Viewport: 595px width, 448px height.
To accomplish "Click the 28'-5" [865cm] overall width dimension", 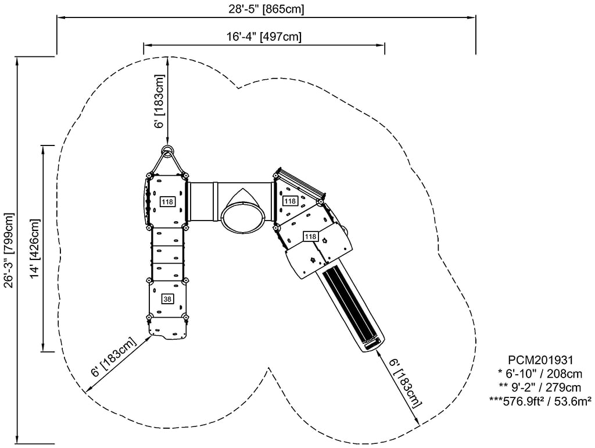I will (266, 9).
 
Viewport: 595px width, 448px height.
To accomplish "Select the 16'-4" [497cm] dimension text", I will (264, 37).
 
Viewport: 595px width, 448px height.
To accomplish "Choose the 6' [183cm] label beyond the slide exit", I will (406, 383).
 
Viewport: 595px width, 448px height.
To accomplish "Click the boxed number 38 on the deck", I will (167, 299).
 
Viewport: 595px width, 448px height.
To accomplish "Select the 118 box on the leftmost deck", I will (167, 202).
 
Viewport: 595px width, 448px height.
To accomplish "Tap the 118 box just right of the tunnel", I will (290, 201).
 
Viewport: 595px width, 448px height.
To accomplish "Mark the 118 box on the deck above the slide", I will (310, 237).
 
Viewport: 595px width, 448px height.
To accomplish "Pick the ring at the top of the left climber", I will (167, 152).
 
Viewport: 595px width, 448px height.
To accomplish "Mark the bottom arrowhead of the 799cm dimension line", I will (18, 440).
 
